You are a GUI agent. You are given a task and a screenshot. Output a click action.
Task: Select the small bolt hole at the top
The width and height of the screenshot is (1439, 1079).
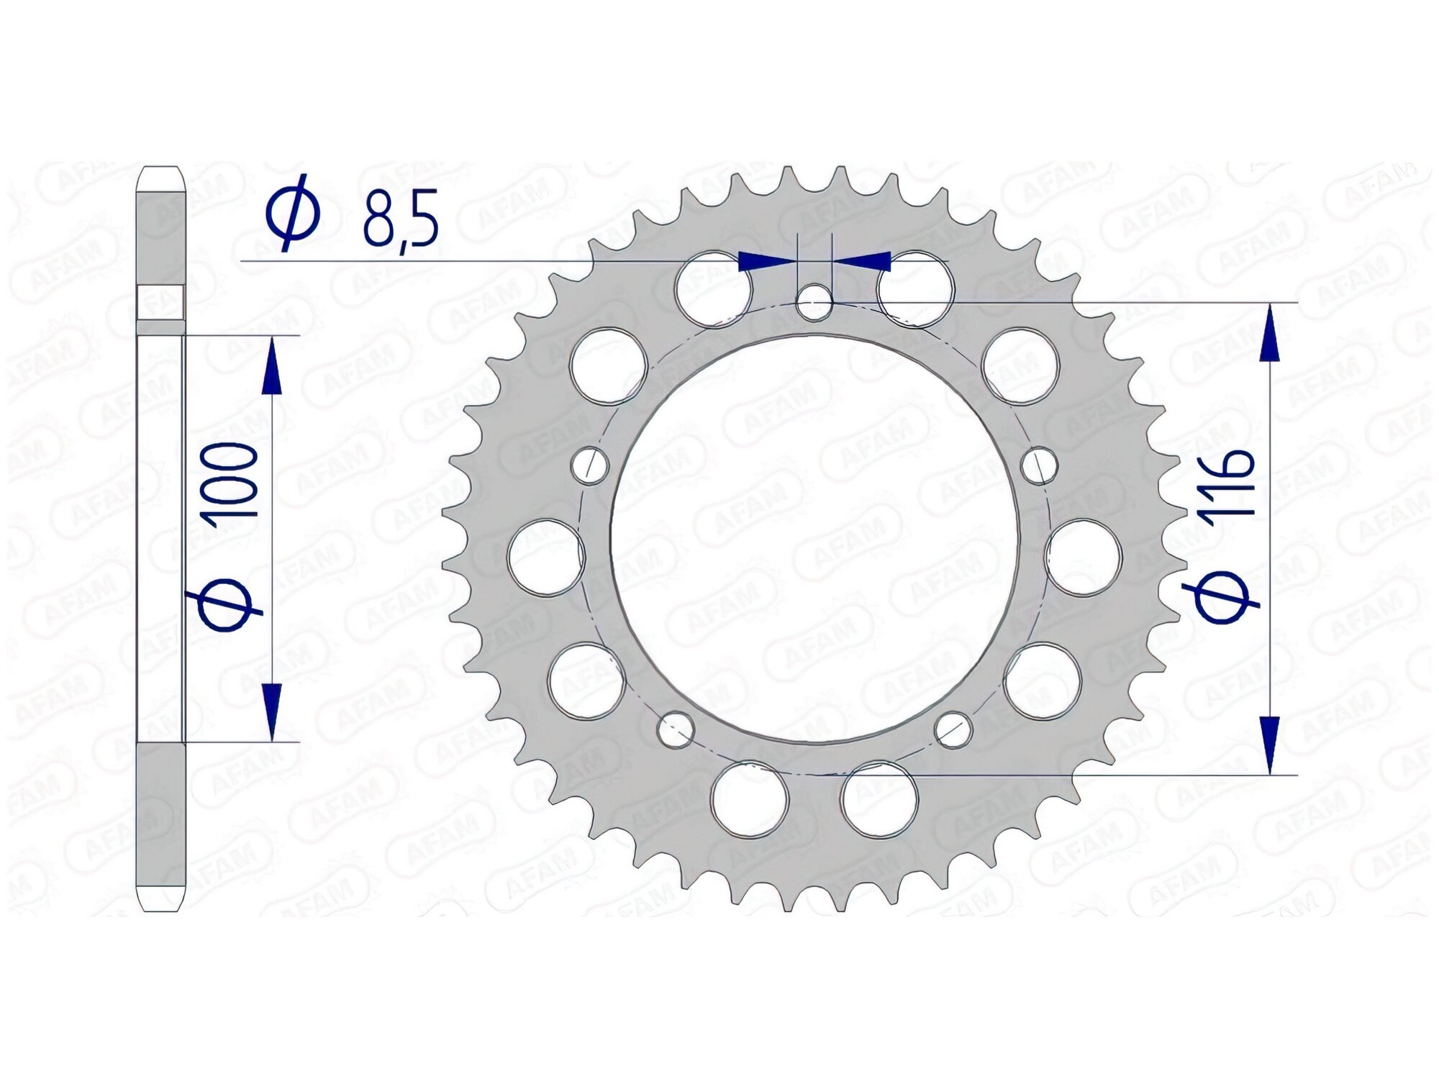pyautogui.click(x=814, y=302)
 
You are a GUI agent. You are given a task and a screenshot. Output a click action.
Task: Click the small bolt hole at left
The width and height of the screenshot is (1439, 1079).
pyautogui.click(x=590, y=465)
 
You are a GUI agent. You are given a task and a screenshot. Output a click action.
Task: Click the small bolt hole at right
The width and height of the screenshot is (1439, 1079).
pyautogui.click(x=1040, y=465)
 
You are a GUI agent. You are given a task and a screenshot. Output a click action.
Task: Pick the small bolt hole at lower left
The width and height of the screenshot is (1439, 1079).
pyautogui.click(x=676, y=730)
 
